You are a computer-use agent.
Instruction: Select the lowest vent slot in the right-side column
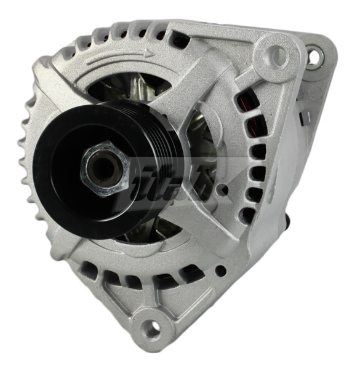247,214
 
